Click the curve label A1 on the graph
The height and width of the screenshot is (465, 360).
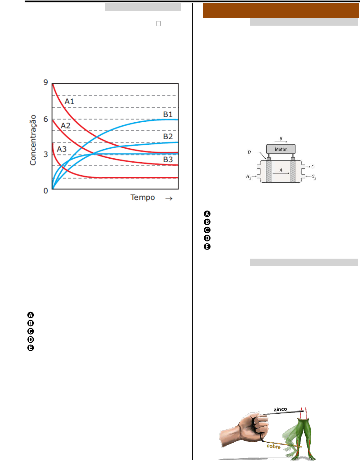point(69,101)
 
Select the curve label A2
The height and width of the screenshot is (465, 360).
point(66,126)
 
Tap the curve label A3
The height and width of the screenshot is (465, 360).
point(62,149)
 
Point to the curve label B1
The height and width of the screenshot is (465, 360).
point(168,114)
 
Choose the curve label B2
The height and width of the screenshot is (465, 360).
point(168,136)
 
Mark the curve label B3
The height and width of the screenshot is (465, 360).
point(168,159)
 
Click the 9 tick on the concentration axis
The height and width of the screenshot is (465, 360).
point(45,82)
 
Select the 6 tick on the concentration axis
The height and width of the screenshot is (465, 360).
point(45,119)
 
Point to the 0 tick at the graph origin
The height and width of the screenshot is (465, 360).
point(45,191)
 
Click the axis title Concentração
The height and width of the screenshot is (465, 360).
point(33,140)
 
